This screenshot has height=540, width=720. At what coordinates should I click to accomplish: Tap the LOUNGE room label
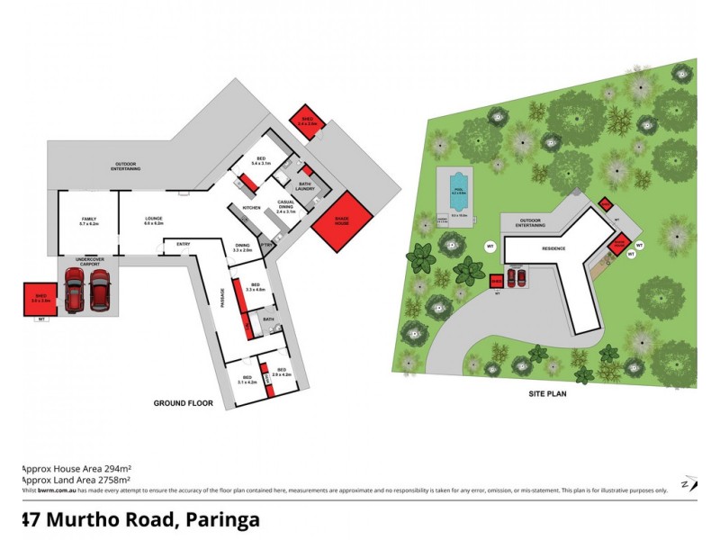tap(153, 220)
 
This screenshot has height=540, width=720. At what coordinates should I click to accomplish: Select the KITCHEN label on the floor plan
tap(251, 207)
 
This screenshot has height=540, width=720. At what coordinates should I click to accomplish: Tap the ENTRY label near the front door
tap(184, 244)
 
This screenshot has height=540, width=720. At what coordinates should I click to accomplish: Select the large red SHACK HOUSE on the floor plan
tap(342, 220)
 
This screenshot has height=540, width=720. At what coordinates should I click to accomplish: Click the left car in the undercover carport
tap(74, 290)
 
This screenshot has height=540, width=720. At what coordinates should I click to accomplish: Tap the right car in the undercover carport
tap(99, 290)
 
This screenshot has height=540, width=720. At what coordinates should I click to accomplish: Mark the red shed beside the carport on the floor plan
tap(40, 298)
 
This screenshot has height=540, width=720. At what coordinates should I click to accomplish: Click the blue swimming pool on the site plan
tap(458, 190)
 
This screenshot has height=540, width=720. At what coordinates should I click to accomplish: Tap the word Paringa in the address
tap(224, 520)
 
